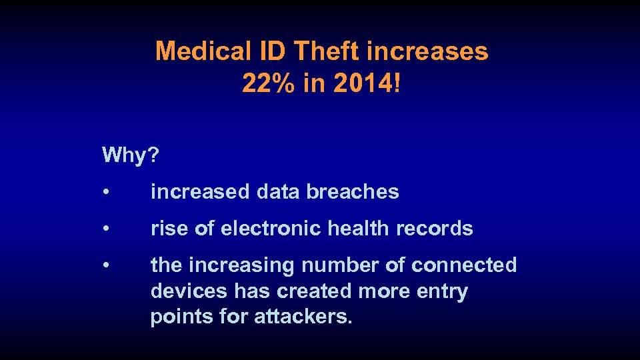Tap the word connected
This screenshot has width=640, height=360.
coord(464,266)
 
